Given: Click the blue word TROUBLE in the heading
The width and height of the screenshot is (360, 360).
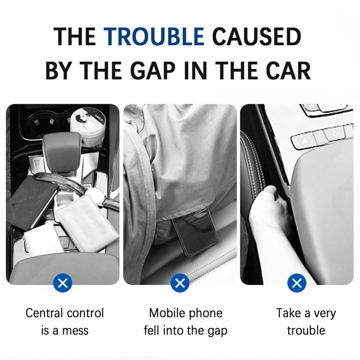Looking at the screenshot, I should tap(154, 37).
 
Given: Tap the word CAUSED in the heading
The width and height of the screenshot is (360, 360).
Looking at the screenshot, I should tap(256, 37).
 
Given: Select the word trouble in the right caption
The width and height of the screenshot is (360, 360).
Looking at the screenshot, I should tap(306, 330).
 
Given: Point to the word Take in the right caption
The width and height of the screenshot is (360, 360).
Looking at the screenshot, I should tap(288, 313).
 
